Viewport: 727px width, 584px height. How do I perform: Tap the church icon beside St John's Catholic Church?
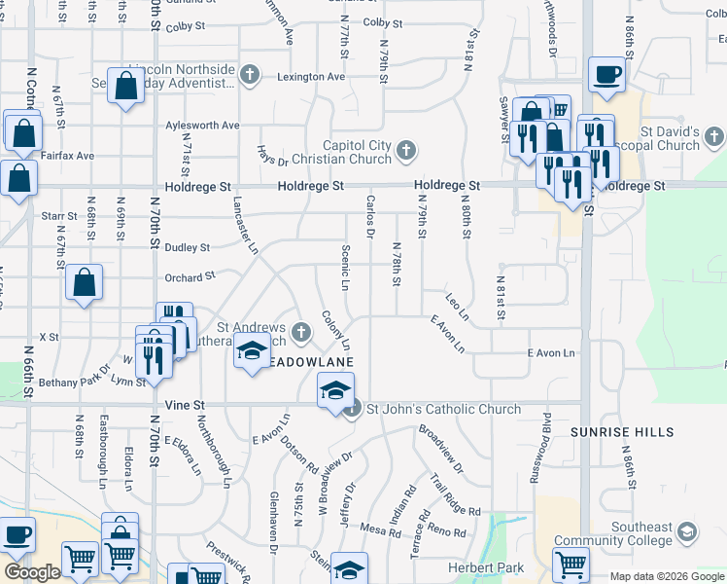pyautogui.click(x=353, y=409)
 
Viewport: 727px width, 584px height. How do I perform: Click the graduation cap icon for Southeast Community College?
pyautogui.click(x=687, y=531)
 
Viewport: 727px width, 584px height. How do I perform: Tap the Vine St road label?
pyautogui.click(x=184, y=404)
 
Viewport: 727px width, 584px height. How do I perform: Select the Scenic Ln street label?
pyautogui.click(x=346, y=267)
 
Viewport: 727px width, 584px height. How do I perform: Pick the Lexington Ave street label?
pyautogui.click(x=311, y=77)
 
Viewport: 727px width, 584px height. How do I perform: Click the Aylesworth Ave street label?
pyautogui.click(x=201, y=126)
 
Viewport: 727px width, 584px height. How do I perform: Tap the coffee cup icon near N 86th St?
pyautogui.click(x=606, y=76)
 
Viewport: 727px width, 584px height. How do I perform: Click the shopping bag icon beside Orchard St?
pyautogui.click(x=85, y=283)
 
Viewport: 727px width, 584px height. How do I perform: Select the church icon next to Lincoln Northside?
pyautogui.click(x=250, y=74)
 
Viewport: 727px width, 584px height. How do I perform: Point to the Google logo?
pyautogui.click(x=32, y=572)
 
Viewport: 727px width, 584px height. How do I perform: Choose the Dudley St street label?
pyautogui.click(x=188, y=248)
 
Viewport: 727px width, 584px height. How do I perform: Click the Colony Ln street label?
pyautogui.click(x=335, y=331)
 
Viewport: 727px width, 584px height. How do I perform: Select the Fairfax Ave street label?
pyautogui.click(x=68, y=155)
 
